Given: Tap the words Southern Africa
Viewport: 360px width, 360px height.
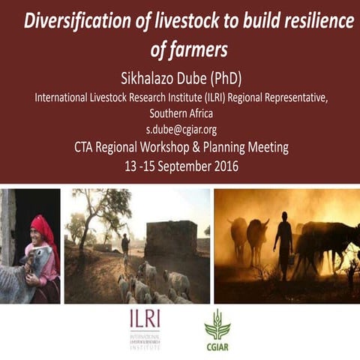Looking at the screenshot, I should click(180, 113).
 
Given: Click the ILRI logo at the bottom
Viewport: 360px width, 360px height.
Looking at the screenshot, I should click(145, 326).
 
